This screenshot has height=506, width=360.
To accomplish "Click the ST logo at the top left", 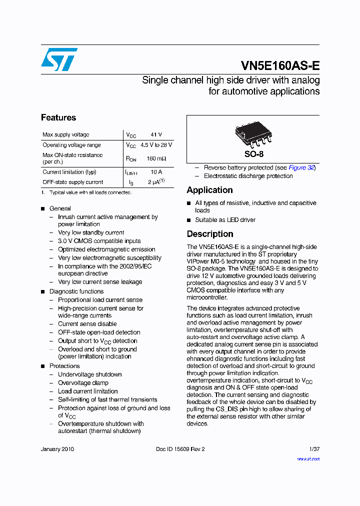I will pos(59,59).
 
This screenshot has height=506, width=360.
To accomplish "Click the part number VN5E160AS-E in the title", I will pos(280,66).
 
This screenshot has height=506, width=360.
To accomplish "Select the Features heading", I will pos(58,117).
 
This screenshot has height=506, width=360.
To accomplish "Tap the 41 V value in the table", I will pos(156,135).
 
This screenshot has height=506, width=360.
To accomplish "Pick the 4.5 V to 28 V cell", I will pos(156,145).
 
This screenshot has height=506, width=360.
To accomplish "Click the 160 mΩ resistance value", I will pos(156,158).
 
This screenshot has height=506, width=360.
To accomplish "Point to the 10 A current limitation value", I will pos(156,172).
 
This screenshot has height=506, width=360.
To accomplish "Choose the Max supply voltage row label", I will pos(65,135).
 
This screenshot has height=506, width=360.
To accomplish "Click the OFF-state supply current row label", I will pos(72,182).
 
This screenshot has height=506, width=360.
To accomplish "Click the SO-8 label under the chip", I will pos(253,154).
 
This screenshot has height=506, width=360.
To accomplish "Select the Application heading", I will pos(209,190).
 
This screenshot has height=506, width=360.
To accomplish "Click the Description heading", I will pos(210,234).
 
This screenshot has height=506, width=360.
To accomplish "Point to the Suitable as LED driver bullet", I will pos(225,220).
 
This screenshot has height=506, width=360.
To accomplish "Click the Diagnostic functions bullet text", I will pos(76,291).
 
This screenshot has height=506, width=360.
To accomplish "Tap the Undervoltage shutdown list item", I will pos(89,374).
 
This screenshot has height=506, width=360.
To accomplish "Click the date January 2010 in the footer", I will pos(57,449).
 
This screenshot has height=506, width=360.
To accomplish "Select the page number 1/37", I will pos(313,449).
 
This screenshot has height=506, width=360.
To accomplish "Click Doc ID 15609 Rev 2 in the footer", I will pos(180,449).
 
